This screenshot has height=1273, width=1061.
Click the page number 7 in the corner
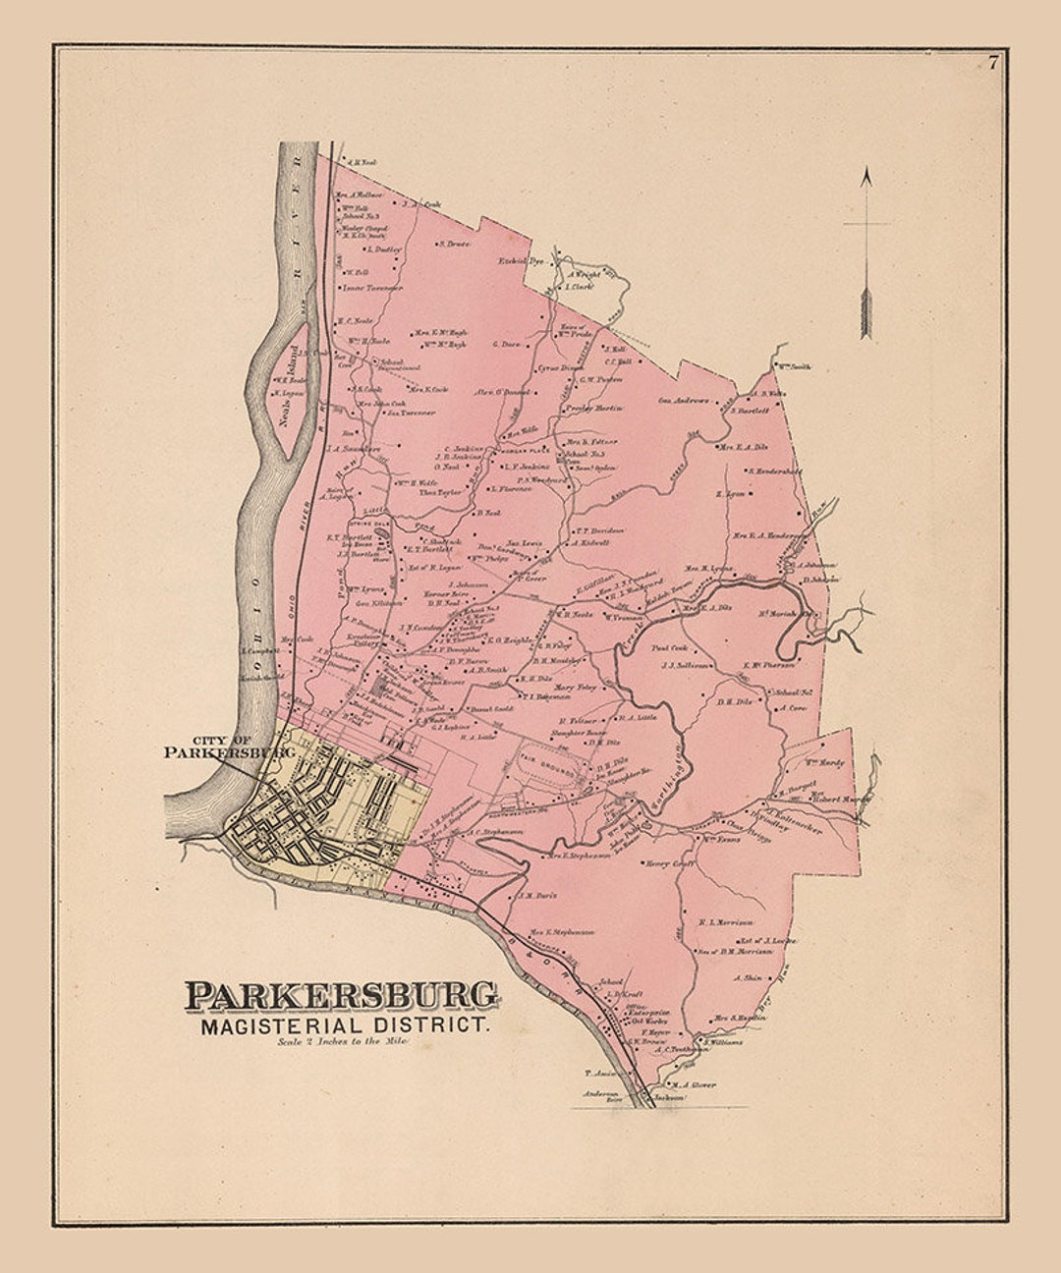(x=993, y=64)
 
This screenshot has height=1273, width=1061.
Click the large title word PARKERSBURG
(x=341, y=995)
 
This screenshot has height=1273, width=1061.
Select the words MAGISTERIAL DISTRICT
(x=343, y=1026)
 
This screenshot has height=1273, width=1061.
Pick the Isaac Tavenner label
(x=372, y=288)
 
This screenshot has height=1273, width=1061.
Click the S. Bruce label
(x=455, y=243)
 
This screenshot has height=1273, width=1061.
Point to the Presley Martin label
(x=595, y=408)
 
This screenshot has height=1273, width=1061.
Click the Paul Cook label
(x=668, y=648)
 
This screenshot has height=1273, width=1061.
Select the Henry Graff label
(x=670, y=864)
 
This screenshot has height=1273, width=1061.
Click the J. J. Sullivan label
(x=685, y=665)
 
